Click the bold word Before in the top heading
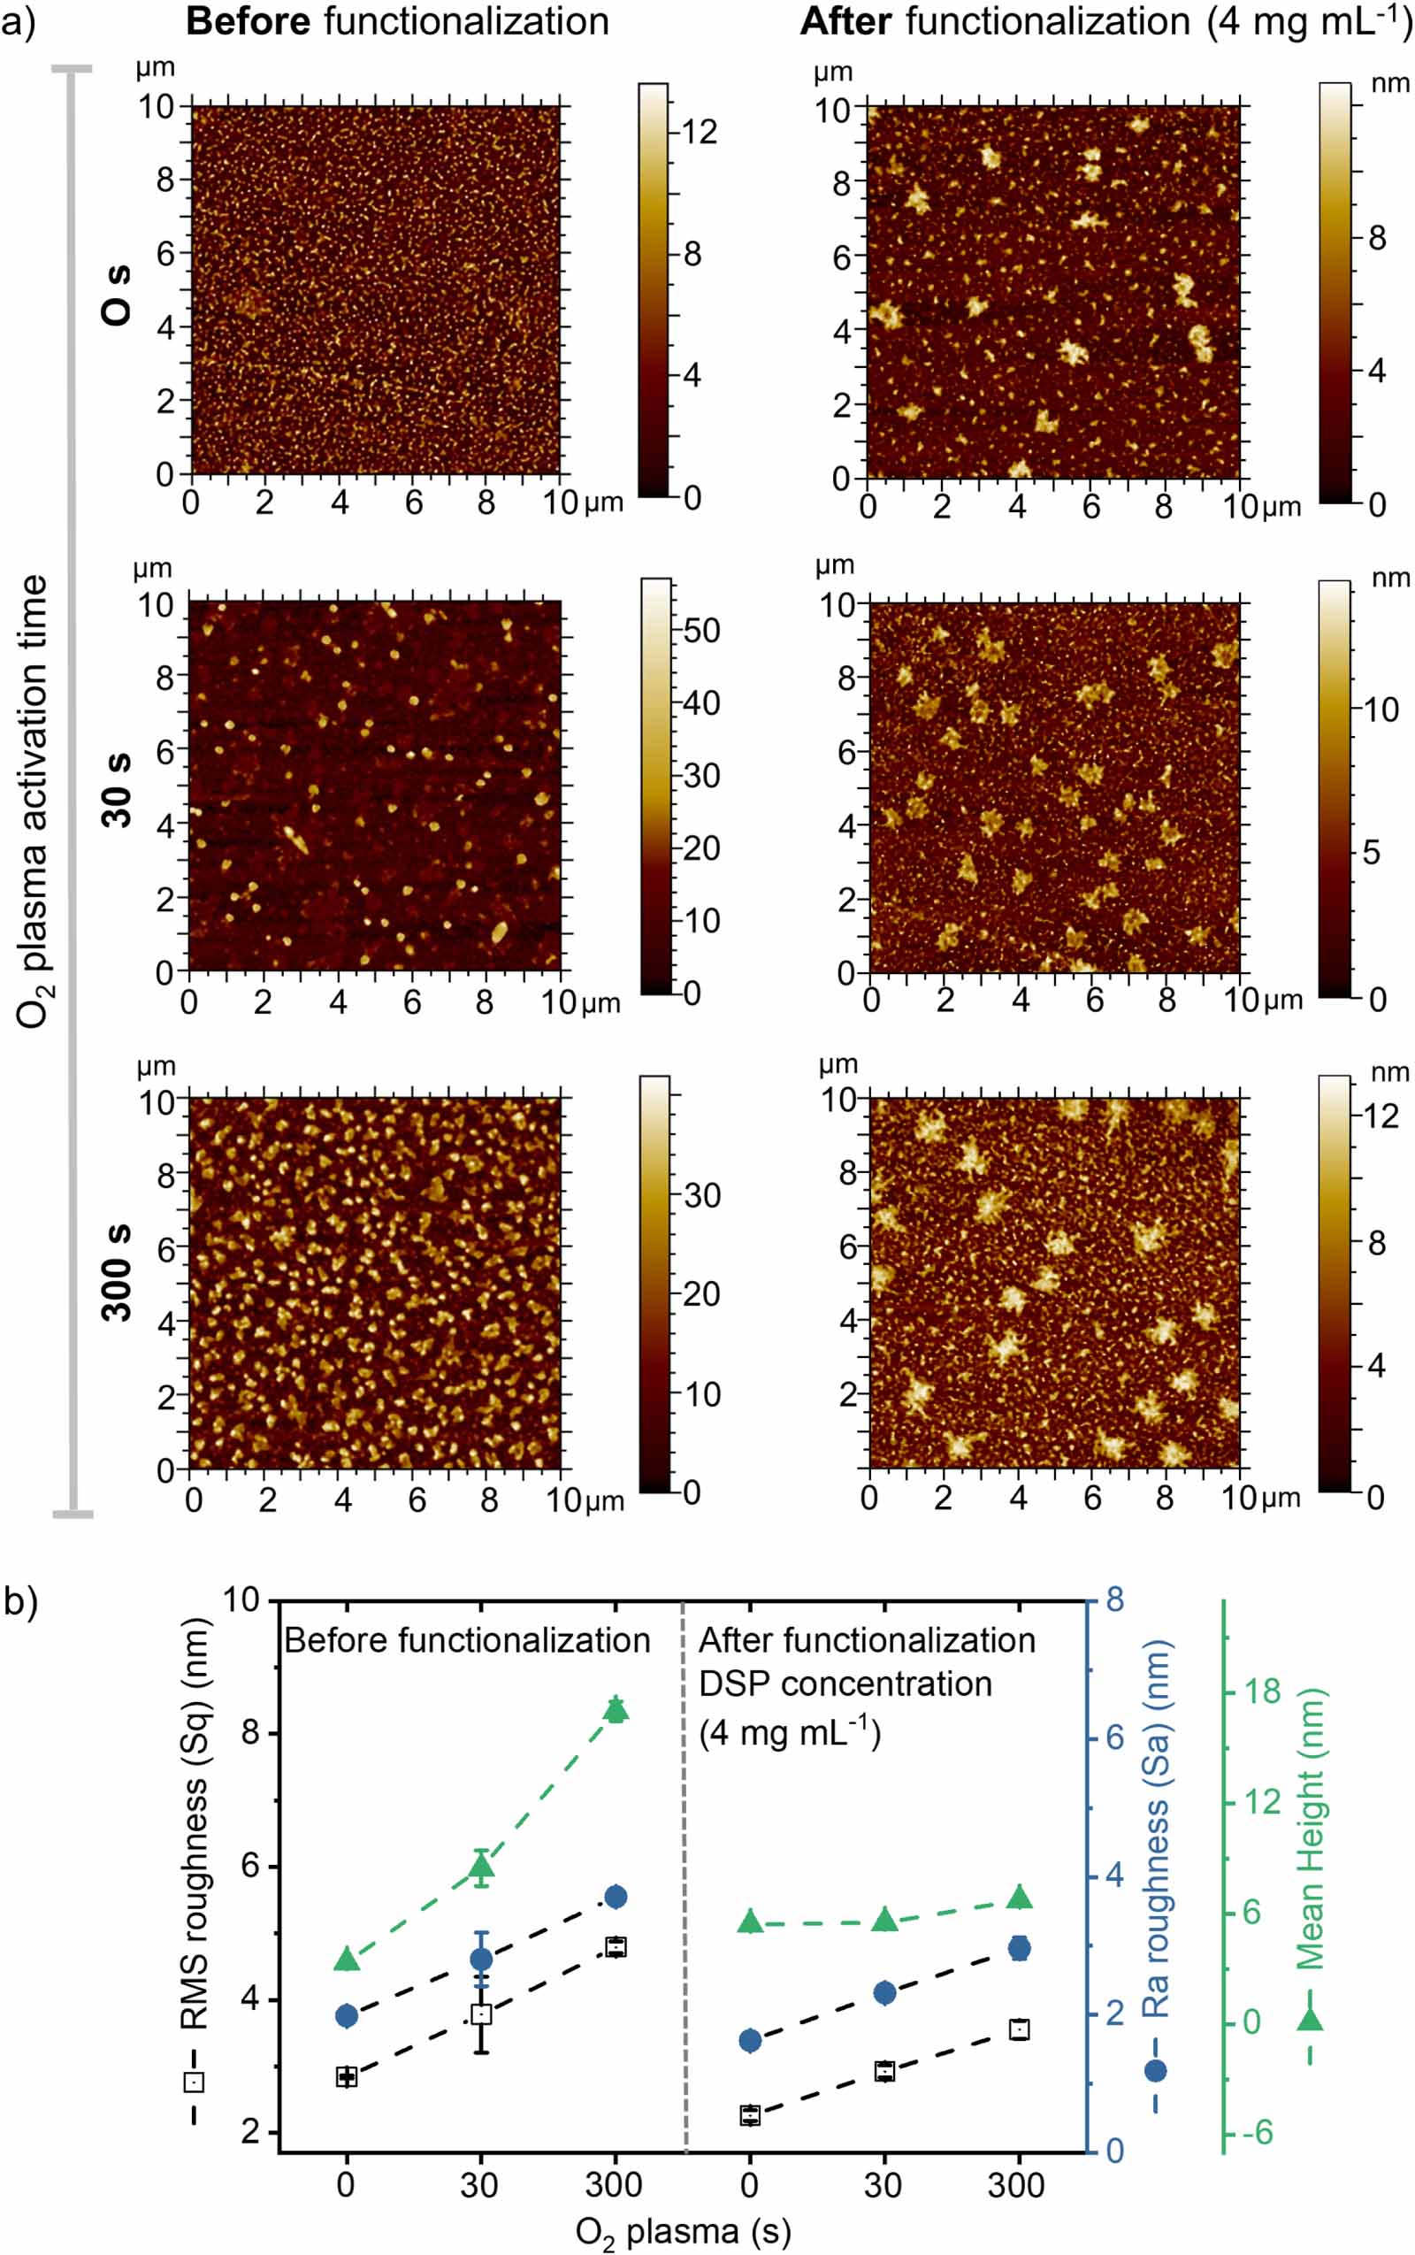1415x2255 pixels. click(247, 21)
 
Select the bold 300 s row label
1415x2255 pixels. click(117, 1272)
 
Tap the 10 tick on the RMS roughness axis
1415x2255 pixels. click(241, 1599)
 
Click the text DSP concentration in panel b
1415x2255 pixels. click(845, 1684)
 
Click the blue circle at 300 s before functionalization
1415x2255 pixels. click(616, 1898)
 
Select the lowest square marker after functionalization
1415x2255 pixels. click(751, 2114)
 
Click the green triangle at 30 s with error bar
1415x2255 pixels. click(481, 1868)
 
